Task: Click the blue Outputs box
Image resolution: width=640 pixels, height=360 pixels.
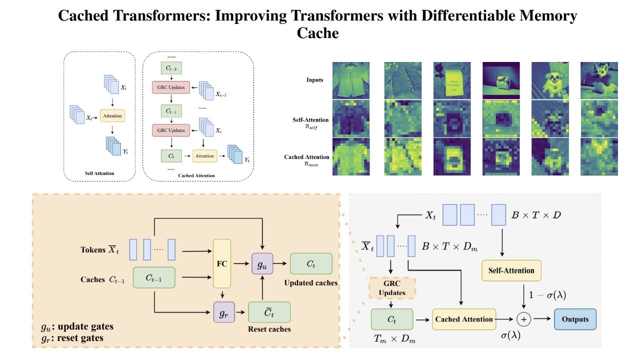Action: pyautogui.click(x=575, y=319)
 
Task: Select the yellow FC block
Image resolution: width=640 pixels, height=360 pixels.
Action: pyautogui.click(x=221, y=263)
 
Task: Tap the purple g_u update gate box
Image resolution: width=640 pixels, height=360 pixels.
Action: pyautogui.click(x=262, y=263)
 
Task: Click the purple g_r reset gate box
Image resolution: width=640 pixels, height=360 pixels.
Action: pyautogui.click(x=223, y=312)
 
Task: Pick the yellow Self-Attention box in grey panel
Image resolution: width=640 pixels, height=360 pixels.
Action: pyautogui.click(x=511, y=270)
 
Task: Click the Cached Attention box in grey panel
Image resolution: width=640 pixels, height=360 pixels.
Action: pyautogui.click(x=464, y=319)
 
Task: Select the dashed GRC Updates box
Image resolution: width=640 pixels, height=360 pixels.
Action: pyautogui.click(x=391, y=288)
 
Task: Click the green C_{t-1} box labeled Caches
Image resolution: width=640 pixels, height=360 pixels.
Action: pyautogui.click(x=153, y=277)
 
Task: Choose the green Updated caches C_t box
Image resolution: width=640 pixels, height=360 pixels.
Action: pyautogui.click(x=311, y=263)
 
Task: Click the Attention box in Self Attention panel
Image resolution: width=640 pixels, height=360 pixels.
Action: pyautogui.click(x=111, y=116)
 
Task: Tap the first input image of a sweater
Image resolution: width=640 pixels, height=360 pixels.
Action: pyautogui.click(x=351, y=80)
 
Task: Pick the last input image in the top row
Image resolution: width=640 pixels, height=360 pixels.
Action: pyautogui.click(x=599, y=80)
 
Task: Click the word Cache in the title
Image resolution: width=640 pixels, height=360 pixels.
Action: pyautogui.click(x=318, y=33)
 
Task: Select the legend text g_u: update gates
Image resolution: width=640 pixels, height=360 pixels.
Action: pyautogui.click(x=77, y=327)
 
